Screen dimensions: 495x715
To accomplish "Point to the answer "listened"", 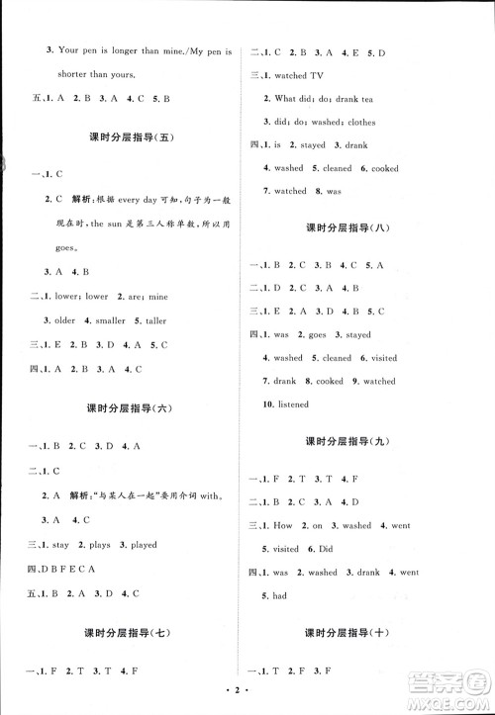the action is (x=293, y=404).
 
